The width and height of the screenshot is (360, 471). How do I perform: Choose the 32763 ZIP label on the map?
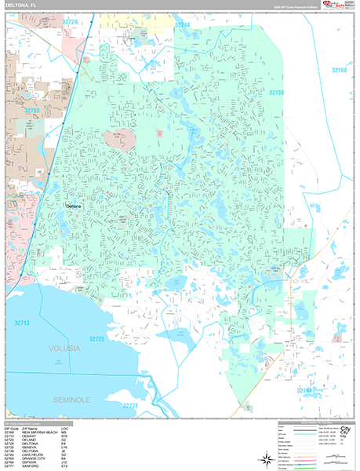tap(31, 111)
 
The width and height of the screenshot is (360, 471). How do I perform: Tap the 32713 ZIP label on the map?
tap(22, 322)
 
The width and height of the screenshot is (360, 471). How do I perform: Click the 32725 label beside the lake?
tap(96, 338)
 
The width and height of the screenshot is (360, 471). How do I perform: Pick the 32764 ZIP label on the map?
tap(304, 389)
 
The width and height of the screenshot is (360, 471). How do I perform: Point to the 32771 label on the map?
tap(130, 405)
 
